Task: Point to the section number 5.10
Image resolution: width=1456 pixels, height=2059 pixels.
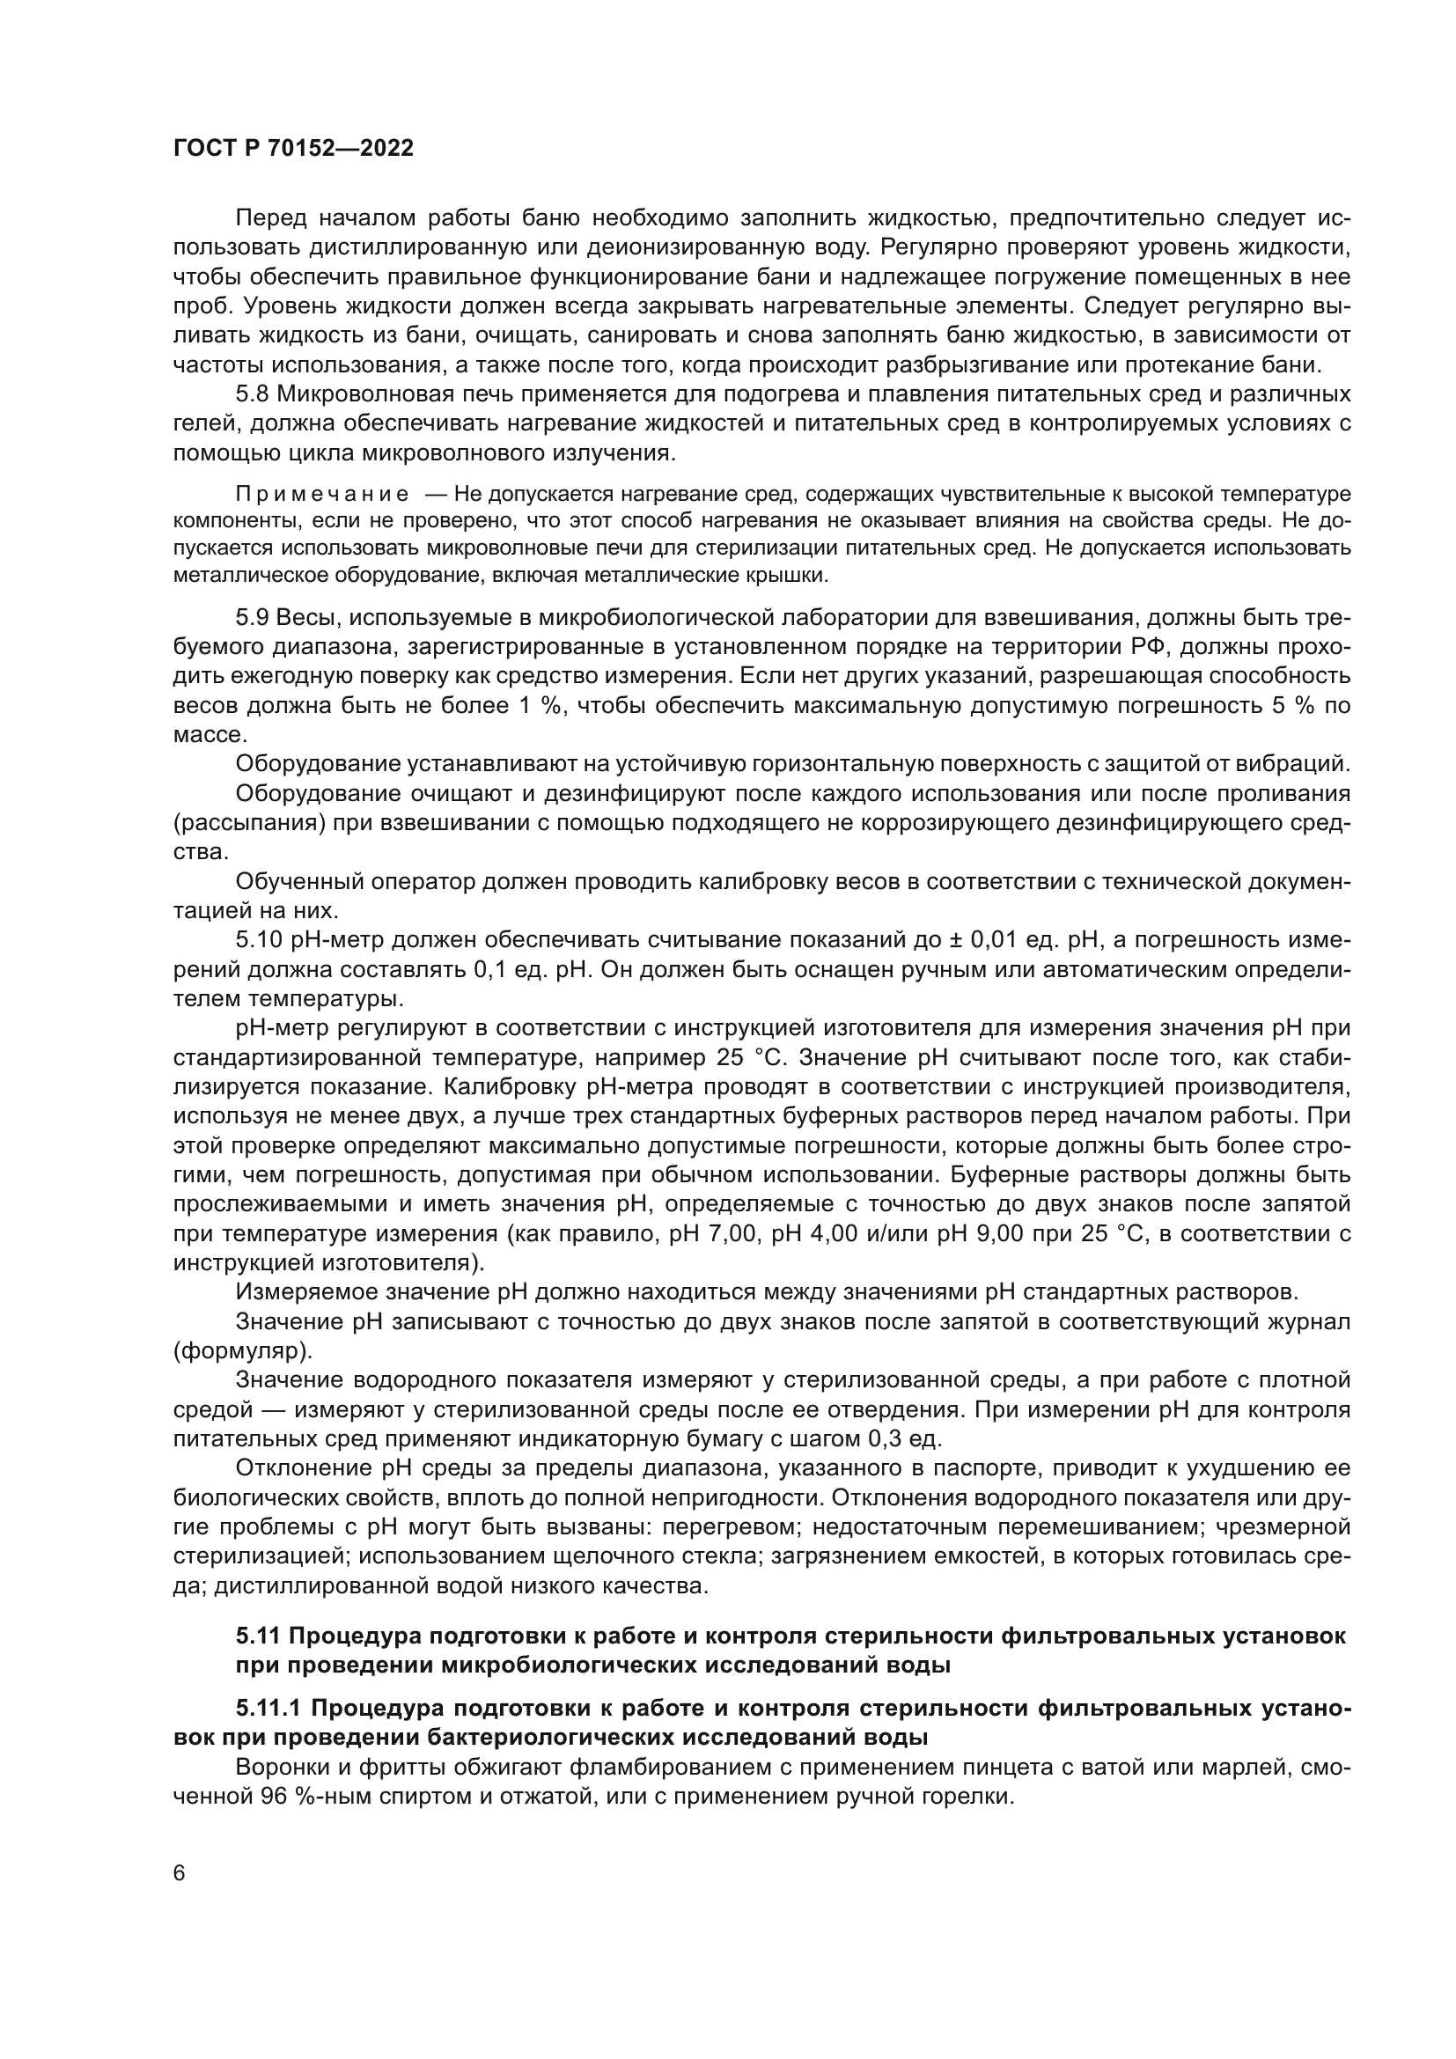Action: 259,940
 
